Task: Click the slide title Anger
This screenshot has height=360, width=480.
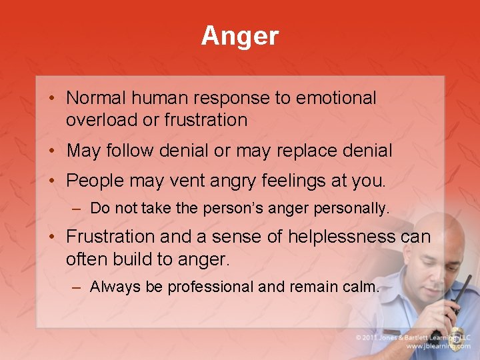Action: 240,36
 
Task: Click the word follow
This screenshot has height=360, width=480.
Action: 128,151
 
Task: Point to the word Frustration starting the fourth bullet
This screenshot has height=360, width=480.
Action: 109,237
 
